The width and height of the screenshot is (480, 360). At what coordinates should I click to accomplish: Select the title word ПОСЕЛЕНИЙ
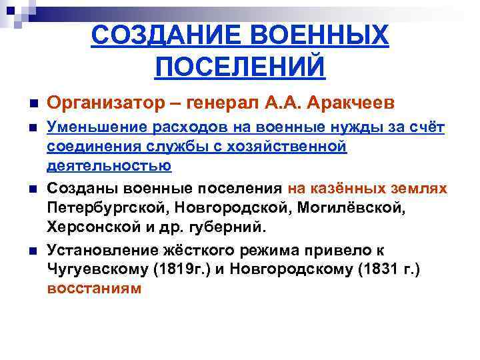239,67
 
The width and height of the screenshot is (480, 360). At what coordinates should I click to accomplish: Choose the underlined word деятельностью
109,165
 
